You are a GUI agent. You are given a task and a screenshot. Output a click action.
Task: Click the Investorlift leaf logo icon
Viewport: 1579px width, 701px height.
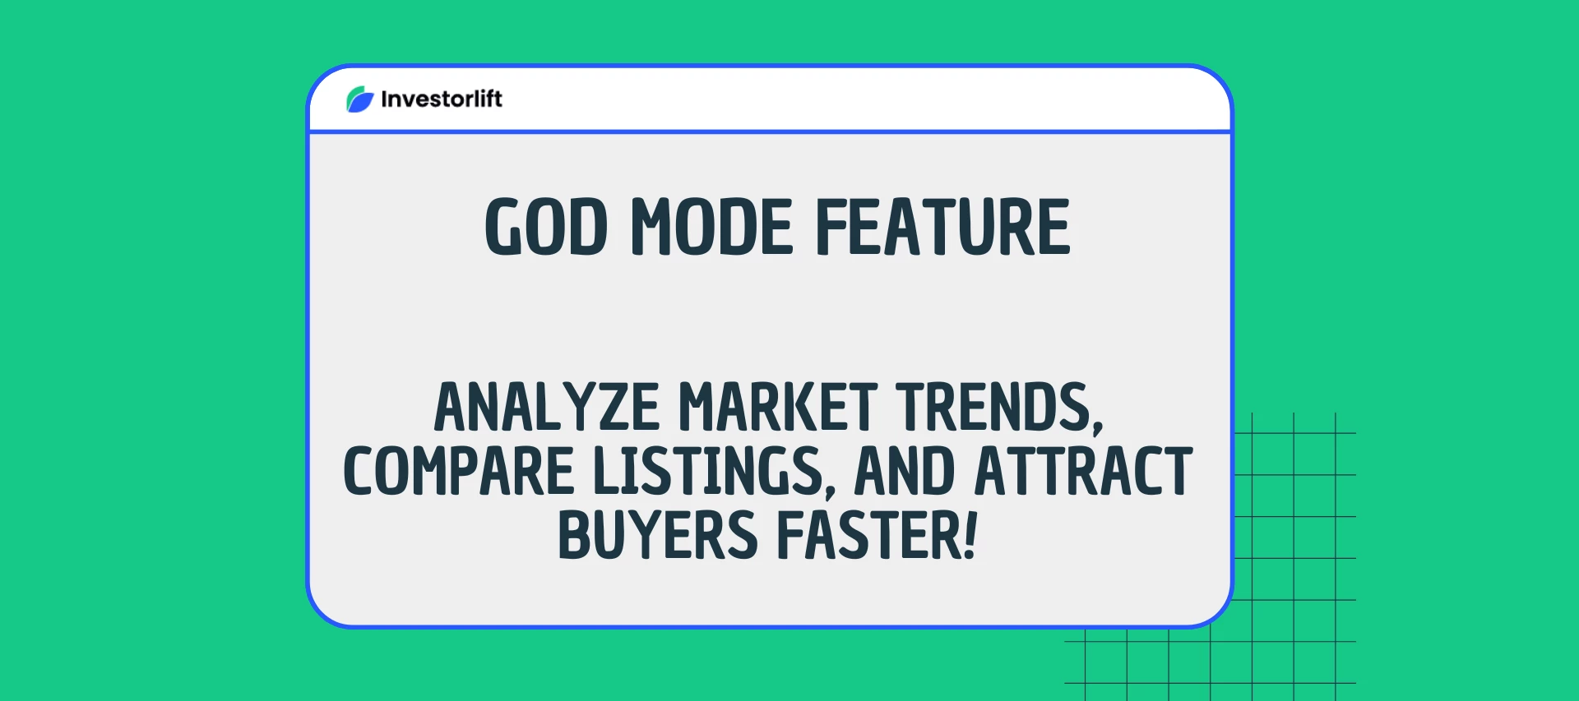(x=360, y=99)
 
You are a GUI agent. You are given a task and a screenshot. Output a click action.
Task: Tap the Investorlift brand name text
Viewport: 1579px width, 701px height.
(x=442, y=99)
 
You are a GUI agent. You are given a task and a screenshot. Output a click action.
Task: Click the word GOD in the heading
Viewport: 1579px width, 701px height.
(x=546, y=228)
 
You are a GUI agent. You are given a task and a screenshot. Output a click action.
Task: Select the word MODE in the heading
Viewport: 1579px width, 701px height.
(x=712, y=228)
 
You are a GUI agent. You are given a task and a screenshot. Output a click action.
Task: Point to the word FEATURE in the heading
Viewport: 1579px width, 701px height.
(x=942, y=228)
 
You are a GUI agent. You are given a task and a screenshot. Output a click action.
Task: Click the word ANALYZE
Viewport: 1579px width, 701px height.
(x=547, y=408)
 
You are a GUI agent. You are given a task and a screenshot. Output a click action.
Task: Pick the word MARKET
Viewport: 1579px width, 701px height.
(x=778, y=408)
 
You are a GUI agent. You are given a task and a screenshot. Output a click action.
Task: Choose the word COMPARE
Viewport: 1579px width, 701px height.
(x=458, y=472)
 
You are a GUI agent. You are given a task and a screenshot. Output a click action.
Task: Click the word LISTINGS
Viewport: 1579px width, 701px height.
(x=706, y=472)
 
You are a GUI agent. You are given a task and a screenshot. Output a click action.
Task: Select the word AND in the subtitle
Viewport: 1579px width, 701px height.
(x=904, y=472)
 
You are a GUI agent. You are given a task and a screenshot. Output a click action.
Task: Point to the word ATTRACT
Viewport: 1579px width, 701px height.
(x=1083, y=472)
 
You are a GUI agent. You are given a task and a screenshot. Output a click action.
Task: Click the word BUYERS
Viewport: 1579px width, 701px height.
(x=657, y=536)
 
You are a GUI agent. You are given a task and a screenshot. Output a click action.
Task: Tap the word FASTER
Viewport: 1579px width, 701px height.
(x=868, y=536)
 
